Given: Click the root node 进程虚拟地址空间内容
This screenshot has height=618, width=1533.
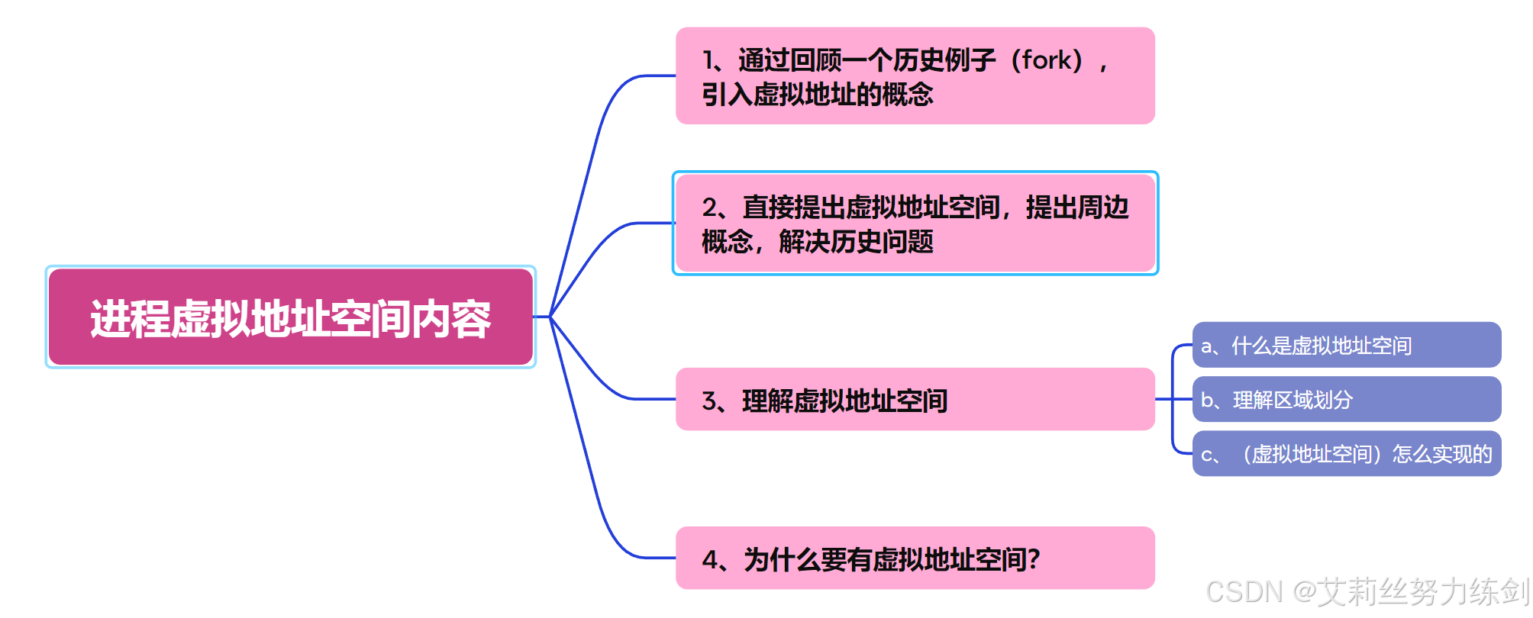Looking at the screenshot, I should click(x=290, y=317).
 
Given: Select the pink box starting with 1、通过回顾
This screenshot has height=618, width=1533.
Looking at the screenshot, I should click(x=915, y=76).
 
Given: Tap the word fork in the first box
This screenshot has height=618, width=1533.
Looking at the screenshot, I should click(x=1047, y=60).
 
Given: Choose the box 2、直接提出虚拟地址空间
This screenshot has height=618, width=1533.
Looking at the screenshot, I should click(x=915, y=223).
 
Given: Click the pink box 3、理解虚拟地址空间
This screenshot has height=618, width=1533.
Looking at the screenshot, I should click(x=915, y=399).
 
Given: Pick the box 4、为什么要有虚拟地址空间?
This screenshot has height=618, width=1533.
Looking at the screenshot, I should click(x=915, y=558).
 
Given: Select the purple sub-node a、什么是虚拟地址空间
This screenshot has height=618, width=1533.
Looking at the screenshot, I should click(x=1346, y=345).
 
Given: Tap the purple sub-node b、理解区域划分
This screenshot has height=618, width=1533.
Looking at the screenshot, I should click(x=1346, y=399).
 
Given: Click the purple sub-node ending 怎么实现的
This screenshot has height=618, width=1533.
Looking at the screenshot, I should click(x=1346, y=454).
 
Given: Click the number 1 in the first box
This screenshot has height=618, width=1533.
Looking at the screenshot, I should click(x=708, y=60).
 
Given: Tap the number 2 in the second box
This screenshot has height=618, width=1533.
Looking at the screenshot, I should click(x=710, y=208).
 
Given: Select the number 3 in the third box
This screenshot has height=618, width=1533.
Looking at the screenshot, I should click(x=709, y=401).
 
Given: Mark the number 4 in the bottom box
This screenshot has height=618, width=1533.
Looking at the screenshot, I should click(x=710, y=560).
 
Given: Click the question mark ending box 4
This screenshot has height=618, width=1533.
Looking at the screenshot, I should click(x=1034, y=559).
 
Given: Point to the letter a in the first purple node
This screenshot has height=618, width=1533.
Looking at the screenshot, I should click(x=1206, y=346).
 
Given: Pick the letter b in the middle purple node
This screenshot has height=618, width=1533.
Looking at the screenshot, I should click(x=1207, y=400).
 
